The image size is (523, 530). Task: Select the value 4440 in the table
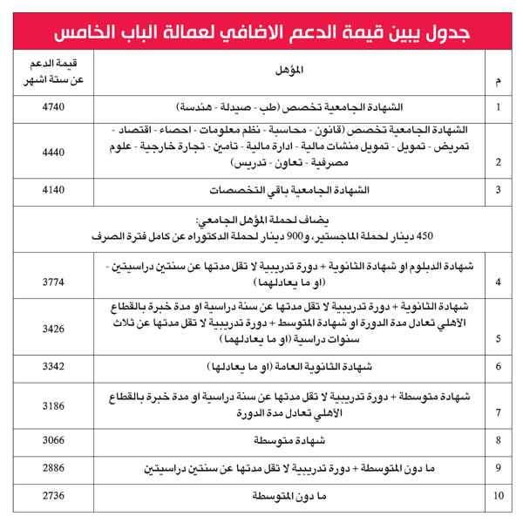tap(53, 151)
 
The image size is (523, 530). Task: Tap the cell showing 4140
tap(53, 189)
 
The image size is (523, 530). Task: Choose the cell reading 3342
tap(53, 367)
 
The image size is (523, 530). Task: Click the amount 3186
tap(53, 406)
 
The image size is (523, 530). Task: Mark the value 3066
tap(53, 441)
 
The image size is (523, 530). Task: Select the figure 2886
tap(53, 469)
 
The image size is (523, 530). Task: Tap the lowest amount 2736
tap(53, 496)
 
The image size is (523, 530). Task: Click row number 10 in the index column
tap(499, 497)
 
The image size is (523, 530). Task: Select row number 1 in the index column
tap(499, 107)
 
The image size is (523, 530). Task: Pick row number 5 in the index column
tap(499, 339)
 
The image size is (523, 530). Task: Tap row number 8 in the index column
tap(499, 441)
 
